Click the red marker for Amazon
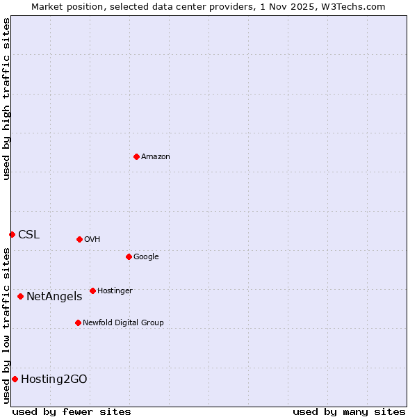136,156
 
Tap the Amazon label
156,157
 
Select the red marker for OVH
79,239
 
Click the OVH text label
92,240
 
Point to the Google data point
129,256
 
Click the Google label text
146,257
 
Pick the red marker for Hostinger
92,291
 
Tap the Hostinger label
115,291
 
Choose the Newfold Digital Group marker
78,322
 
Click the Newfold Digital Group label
123,323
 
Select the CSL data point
12,234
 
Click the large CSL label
29,235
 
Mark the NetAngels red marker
20,296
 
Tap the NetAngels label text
54,297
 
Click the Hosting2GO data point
15,379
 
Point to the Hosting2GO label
54,379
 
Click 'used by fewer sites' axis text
72,411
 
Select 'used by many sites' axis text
349,411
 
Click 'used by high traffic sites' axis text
6,99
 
